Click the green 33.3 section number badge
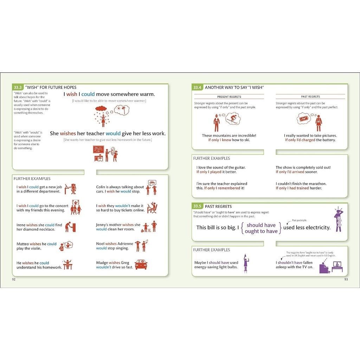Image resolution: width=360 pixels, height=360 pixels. click(x=18, y=87)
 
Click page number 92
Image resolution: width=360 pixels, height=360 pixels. click(x=14, y=279)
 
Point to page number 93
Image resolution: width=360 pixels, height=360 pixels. click(x=346, y=279)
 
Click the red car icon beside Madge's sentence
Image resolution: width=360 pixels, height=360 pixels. click(x=141, y=265)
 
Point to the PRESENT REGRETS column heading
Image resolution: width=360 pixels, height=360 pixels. click(x=229, y=97)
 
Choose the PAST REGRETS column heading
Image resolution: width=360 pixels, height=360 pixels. click(x=310, y=97)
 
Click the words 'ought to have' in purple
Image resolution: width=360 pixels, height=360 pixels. click(x=261, y=231)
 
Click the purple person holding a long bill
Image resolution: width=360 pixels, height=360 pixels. click(x=338, y=220)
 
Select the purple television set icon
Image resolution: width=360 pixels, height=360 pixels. click(x=337, y=266)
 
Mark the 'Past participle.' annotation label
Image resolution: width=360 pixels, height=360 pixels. click(x=300, y=220)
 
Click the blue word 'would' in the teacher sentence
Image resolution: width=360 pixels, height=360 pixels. click(x=113, y=134)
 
